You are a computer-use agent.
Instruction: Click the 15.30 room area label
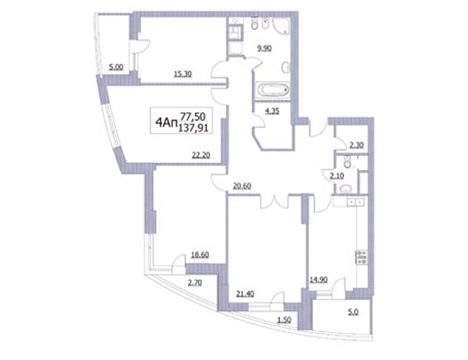[183, 73]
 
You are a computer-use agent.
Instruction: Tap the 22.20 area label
[201, 155]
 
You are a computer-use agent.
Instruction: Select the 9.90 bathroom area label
[264, 48]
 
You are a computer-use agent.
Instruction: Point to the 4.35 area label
[272, 112]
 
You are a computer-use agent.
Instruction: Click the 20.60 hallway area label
[242, 186]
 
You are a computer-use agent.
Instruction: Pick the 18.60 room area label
[199, 255]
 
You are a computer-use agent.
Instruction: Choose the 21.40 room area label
[245, 294]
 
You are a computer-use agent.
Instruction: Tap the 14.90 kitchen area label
[318, 280]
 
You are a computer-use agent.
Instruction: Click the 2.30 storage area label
[356, 145]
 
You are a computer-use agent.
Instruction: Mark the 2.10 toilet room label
[337, 176]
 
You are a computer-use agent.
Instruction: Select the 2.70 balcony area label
[194, 282]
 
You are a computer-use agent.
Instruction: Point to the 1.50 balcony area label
[284, 320]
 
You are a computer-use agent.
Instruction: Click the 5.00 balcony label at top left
[116, 68]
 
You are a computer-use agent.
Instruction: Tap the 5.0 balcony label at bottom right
[353, 312]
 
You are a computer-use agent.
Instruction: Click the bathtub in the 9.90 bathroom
[273, 89]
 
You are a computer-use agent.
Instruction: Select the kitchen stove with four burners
[361, 257]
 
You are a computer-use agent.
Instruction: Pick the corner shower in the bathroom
[281, 24]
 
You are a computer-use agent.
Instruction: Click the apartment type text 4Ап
[166, 122]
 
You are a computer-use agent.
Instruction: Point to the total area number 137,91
[193, 129]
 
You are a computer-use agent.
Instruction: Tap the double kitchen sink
[355, 202]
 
